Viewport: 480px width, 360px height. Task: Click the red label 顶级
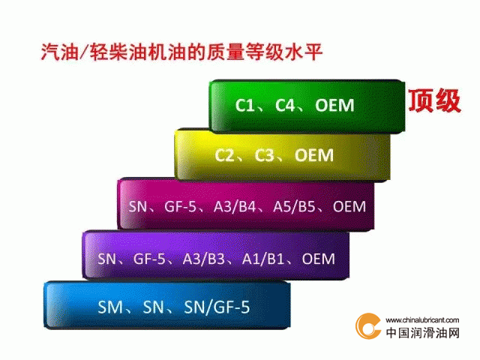point(435,100)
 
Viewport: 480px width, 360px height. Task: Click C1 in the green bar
point(244,105)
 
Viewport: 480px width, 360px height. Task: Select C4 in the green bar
point(285,105)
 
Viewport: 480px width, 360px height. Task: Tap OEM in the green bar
point(334,105)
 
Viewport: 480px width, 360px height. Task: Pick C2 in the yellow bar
point(224,155)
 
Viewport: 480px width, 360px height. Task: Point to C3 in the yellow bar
point(265,155)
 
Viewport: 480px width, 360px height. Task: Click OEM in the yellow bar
point(314,155)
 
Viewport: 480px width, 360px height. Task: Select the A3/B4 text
point(235,207)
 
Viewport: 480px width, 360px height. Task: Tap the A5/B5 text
point(294,207)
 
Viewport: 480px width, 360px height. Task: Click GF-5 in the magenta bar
point(180,207)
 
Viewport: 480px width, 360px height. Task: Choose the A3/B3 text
point(203,259)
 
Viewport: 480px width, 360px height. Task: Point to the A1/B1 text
point(263,259)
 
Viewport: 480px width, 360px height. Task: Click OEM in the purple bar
point(318,259)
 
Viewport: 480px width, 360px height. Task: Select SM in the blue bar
point(110,307)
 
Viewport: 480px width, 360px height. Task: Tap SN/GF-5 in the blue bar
point(217,307)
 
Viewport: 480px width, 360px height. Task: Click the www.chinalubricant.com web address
point(422,320)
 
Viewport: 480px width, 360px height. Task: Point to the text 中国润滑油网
point(423,333)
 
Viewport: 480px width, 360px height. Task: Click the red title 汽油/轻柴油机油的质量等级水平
point(181,52)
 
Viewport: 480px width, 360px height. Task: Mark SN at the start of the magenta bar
point(138,207)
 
